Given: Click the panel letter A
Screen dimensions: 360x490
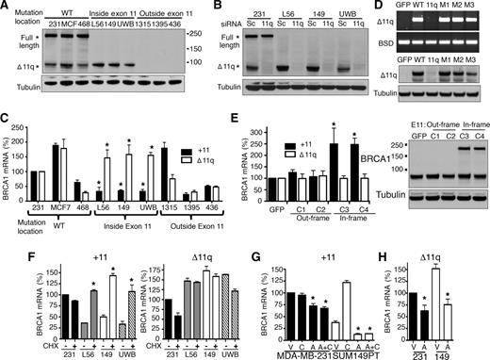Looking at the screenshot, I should [7, 8].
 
